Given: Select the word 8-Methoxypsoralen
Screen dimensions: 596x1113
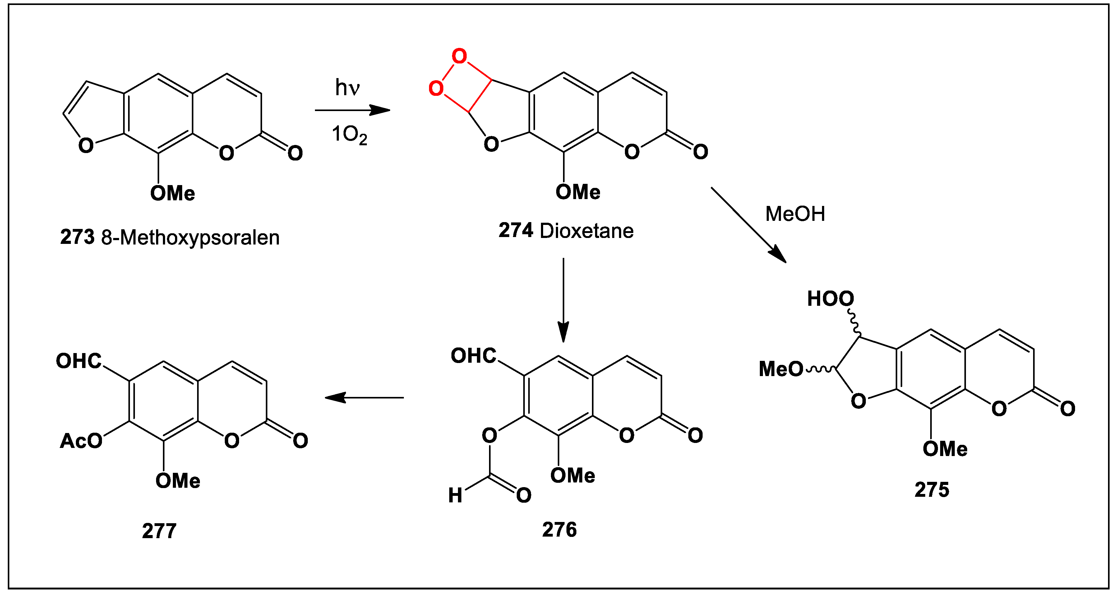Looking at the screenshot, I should [x=190, y=238].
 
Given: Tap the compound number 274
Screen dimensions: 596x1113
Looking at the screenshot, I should [x=515, y=230].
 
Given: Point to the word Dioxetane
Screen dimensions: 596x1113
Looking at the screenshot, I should [x=586, y=231].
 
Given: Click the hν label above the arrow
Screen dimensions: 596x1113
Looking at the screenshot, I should [x=347, y=88].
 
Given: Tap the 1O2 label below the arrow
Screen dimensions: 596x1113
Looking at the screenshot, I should [x=349, y=134].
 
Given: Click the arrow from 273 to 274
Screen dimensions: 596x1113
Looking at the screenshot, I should [x=352, y=110].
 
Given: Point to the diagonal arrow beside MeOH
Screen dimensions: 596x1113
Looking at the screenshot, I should [x=748, y=225].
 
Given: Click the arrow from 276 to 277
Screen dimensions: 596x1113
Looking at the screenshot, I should [x=364, y=398].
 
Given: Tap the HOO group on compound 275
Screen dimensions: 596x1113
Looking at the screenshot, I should [x=830, y=299].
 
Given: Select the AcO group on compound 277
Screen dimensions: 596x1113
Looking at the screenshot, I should [x=81, y=441].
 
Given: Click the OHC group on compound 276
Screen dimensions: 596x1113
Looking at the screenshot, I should [x=473, y=356].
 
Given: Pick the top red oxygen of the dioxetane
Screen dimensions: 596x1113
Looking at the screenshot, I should [x=459, y=56].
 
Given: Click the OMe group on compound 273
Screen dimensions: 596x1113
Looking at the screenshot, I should [x=173, y=193].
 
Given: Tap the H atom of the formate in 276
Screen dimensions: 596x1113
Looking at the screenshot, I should [x=455, y=495].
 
